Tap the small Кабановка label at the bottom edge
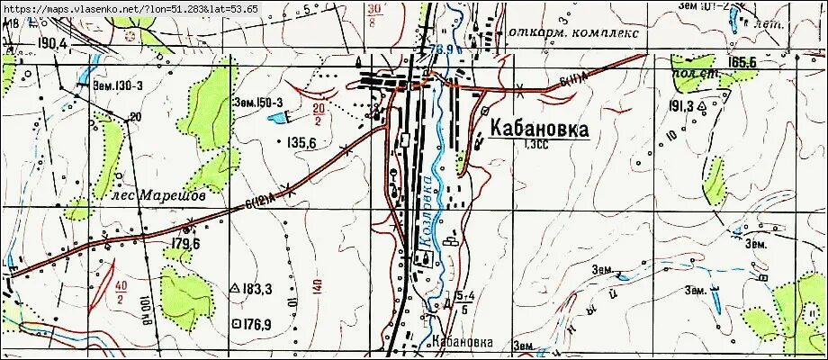tap(463, 343)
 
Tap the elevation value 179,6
tap(183, 244)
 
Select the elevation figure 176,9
tap(258, 322)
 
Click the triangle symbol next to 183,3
tap(236, 289)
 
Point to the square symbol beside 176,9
tap(237, 322)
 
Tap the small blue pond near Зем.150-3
tap(282, 118)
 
